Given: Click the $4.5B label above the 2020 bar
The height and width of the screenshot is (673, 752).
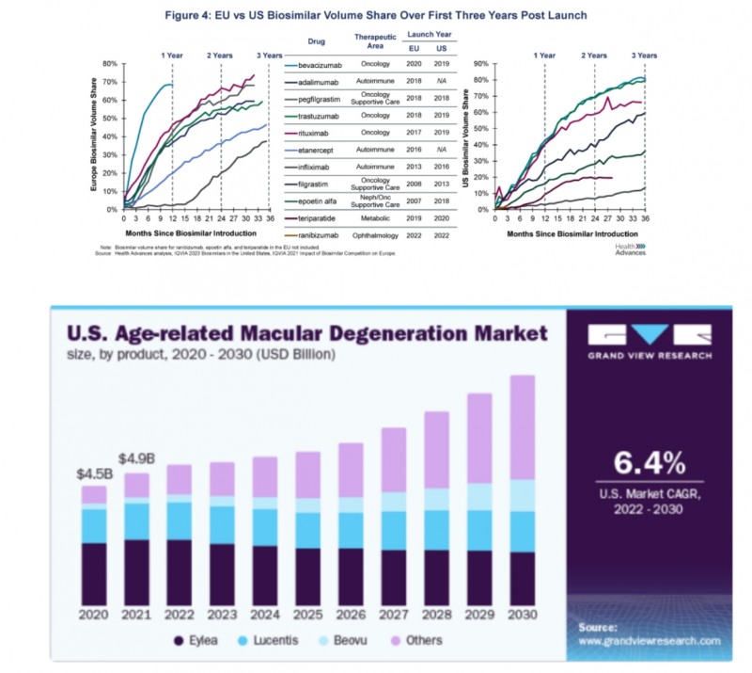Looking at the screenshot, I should coord(93,473).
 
